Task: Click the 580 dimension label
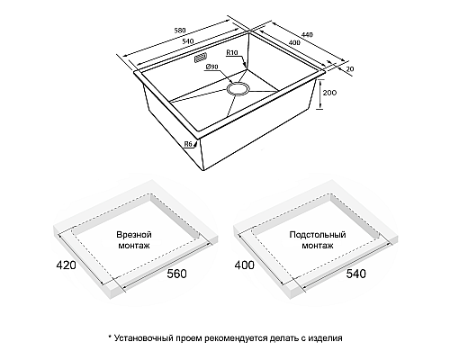point(180,31)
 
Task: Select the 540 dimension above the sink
point(188,41)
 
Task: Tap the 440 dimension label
point(307,34)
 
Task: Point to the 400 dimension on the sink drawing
point(294,42)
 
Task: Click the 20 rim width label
point(350,68)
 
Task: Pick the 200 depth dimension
point(329,93)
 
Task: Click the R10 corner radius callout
point(232,53)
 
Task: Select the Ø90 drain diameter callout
point(211,67)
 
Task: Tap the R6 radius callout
point(188,144)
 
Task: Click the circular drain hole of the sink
point(238,89)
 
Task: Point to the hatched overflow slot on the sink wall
point(201,58)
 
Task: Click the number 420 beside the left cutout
point(66,265)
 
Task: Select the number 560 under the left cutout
point(176,274)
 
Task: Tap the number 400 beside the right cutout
point(244,265)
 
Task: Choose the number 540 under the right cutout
point(356,274)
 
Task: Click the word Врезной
point(134,234)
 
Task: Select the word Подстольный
point(318,234)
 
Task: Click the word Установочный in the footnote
point(143,338)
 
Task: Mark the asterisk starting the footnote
point(110,337)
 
